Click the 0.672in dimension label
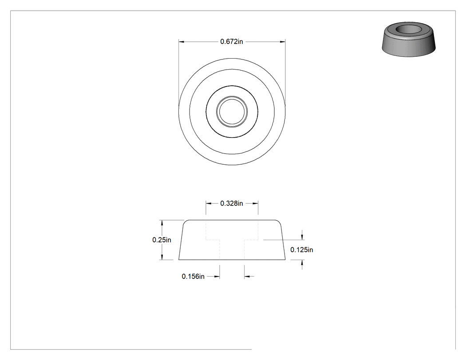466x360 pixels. click(232, 42)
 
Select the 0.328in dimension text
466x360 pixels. click(232, 203)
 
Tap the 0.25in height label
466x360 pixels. click(162, 240)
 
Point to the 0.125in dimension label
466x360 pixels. click(302, 250)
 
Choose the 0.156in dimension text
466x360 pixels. click(193, 277)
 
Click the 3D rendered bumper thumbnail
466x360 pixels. click(409, 39)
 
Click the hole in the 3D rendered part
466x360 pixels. click(409, 29)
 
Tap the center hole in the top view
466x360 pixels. click(232, 112)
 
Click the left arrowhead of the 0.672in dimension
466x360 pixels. click(182, 42)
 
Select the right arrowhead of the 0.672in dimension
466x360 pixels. click(282, 42)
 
